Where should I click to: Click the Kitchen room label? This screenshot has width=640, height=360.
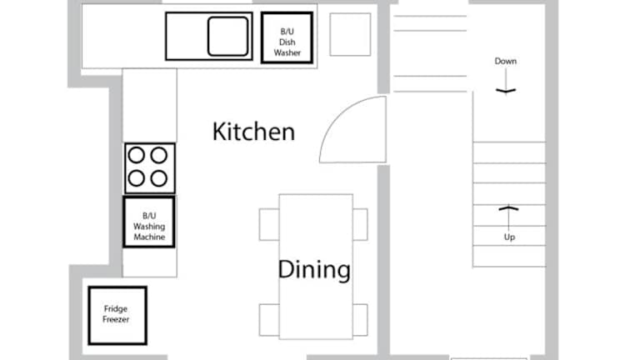point(253,132)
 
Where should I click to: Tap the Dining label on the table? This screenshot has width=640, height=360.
point(314,269)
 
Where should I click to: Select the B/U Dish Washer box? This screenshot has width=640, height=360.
point(287,37)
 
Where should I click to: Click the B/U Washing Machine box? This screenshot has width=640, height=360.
point(149,222)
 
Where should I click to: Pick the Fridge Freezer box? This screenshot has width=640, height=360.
point(117,316)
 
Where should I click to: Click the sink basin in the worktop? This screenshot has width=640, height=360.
point(227,36)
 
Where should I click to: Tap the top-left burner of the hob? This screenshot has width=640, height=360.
point(137,155)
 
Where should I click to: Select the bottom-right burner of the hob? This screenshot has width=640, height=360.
point(159,178)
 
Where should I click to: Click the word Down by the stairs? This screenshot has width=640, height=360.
point(506,61)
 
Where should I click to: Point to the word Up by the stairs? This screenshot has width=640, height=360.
point(509,237)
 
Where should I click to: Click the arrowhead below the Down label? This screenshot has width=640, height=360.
point(506,91)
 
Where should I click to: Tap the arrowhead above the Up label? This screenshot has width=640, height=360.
point(508,208)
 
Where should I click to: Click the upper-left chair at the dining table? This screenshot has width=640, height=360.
point(269,224)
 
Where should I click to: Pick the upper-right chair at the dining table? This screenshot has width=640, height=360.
point(360,224)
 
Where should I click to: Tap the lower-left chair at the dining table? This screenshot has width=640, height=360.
point(269,320)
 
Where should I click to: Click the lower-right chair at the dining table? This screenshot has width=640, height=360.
point(360,320)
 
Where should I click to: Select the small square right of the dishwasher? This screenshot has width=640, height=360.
point(350,34)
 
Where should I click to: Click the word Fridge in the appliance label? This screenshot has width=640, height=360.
point(116,309)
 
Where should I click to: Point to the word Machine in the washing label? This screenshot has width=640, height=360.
point(149,237)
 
